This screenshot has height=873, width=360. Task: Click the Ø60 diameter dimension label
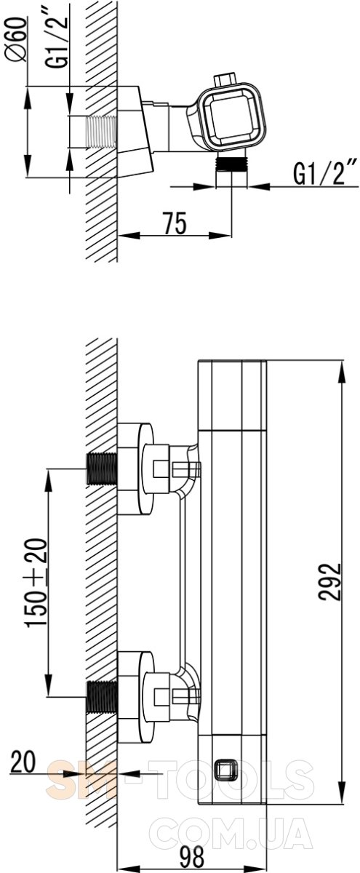[18, 39]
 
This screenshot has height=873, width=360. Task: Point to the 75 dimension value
[175, 223]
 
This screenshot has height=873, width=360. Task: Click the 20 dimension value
[23, 762]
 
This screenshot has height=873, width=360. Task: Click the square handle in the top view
[233, 116]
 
